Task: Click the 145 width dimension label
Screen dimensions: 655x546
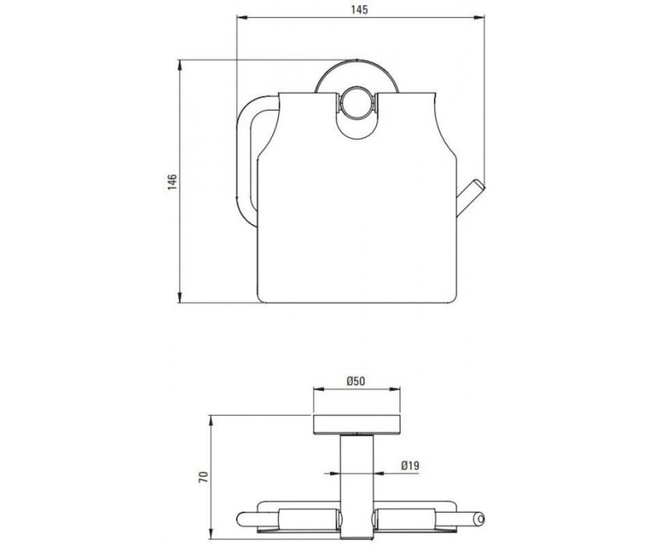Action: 359,10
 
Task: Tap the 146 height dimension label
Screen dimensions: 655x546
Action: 172,181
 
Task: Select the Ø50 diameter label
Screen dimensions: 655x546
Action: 356,381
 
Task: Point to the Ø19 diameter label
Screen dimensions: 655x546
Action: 410,465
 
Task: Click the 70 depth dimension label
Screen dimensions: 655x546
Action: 204,477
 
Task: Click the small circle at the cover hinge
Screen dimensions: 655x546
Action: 356,103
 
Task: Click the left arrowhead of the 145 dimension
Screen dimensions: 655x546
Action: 242,17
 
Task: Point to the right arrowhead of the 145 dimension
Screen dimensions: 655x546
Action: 479,17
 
